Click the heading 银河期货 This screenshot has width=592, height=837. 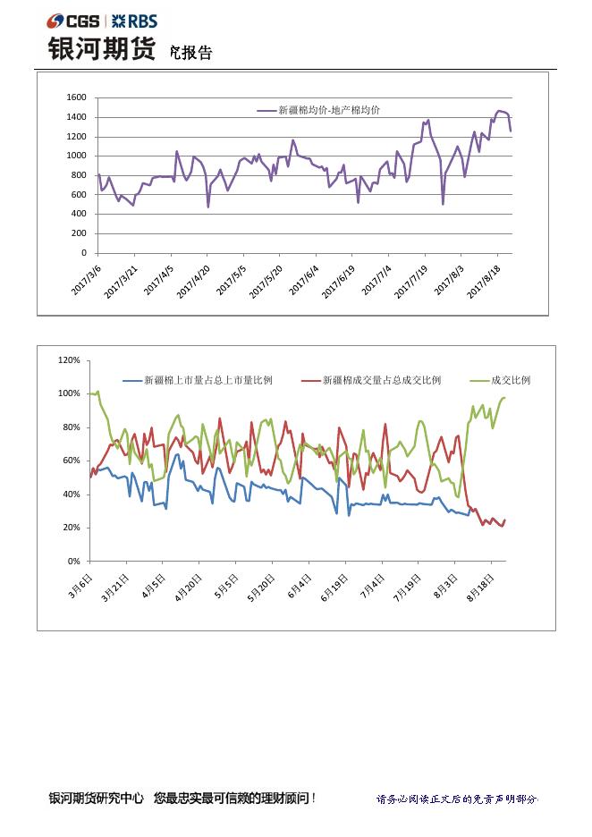tap(101, 49)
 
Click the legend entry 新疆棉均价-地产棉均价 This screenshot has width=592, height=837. tap(328, 110)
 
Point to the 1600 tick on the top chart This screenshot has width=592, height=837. tap(77, 97)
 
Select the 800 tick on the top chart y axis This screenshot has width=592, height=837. tap(80, 175)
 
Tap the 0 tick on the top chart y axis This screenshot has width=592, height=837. tap(84, 253)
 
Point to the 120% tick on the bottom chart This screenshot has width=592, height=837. tap(69, 360)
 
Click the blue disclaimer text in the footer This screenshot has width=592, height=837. tap(457, 799)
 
